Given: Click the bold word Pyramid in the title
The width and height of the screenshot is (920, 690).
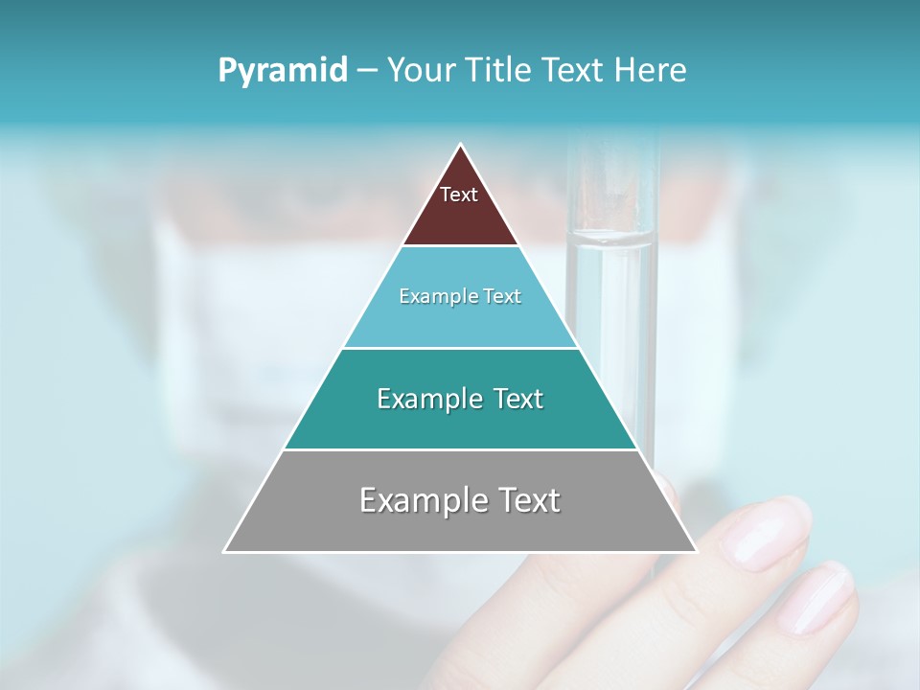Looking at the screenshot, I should [x=283, y=71].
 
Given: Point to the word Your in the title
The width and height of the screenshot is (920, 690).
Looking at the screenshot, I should [x=423, y=71].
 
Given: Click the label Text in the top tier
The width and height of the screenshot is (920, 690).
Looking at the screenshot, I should [x=459, y=195].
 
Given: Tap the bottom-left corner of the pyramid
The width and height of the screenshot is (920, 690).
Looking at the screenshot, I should [x=225, y=551].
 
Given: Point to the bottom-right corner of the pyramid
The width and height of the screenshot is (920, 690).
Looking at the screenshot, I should [x=696, y=551].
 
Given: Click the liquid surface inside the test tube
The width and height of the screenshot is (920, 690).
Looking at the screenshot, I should [x=611, y=238].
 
